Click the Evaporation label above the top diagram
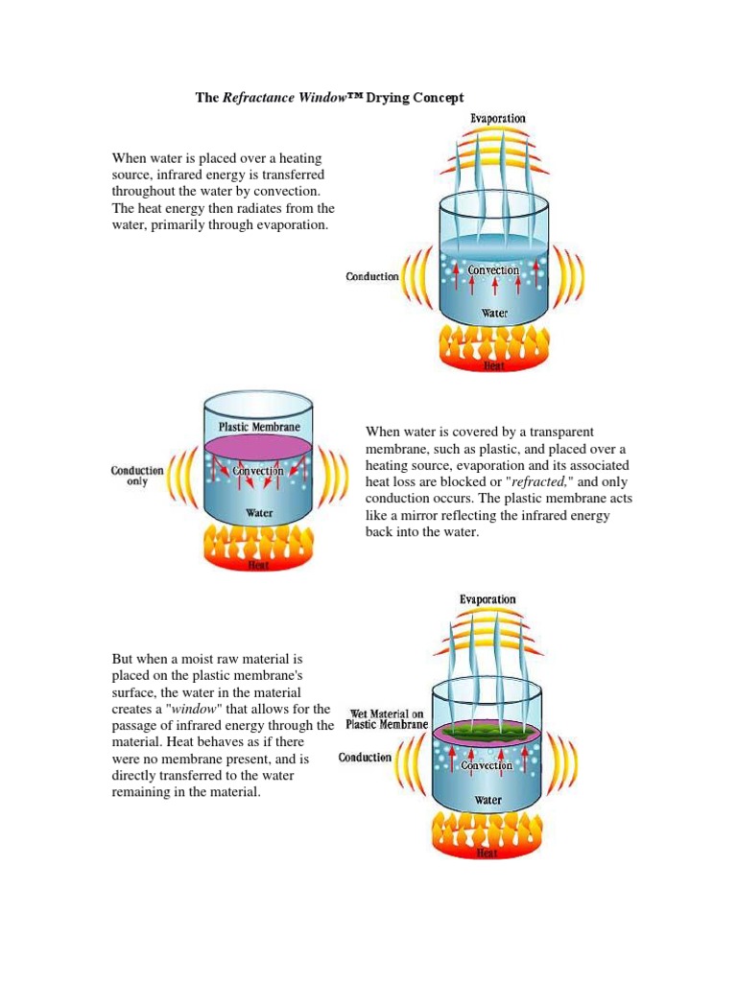pyautogui.click(x=497, y=118)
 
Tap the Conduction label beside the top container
pyautogui.click(x=372, y=276)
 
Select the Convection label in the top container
pyautogui.click(x=493, y=270)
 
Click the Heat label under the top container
pyautogui.click(x=493, y=366)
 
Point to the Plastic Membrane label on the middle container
pyautogui.click(x=259, y=427)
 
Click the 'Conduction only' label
pyautogui.click(x=137, y=476)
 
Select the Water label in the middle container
pyautogui.click(x=259, y=513)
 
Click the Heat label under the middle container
pyautogui.click(x=259, y=565)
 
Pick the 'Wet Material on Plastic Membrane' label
pyautogui.click(x=387, y=719)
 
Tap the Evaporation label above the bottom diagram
pyautogui.click(x=487, y=599)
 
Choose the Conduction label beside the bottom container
pyautogui.click(x=366, y=758)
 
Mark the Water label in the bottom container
pyautogui.click(x=488, y=800)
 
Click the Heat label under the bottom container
pyautogui.click(x=488, y=852)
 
